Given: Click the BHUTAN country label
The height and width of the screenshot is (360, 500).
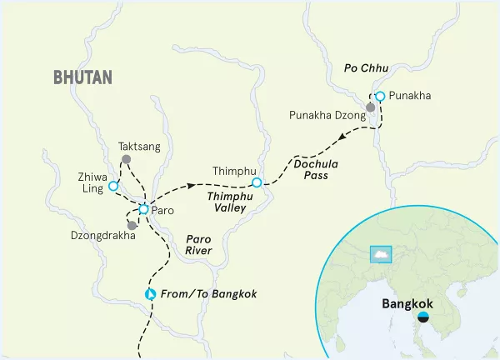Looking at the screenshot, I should pos(82,77).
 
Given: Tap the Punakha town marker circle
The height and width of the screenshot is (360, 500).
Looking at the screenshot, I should pos(380,97).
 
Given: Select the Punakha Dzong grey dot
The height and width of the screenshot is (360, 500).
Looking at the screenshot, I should pos(371,107).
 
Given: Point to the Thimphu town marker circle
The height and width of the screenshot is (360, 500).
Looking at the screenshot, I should pos(257,182).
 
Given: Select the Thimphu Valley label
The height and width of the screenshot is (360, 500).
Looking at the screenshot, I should pos(227,201).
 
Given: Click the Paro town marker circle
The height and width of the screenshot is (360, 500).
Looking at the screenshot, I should pos(143,209).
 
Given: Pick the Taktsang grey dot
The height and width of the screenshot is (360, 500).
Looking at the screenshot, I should pos(126,158).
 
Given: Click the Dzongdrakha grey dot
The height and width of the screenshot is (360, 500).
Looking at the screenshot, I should pos(132,225).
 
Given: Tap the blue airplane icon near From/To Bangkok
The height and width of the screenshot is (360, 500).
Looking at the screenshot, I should pos(151,294).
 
